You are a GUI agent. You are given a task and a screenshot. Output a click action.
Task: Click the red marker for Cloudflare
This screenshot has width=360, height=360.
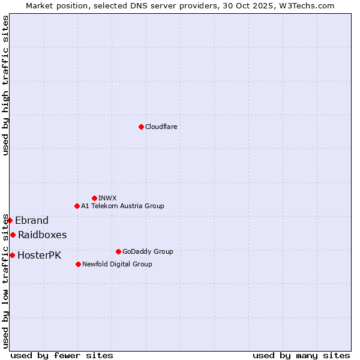tap(141, 127)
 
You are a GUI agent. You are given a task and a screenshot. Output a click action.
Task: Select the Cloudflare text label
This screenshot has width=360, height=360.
tap(161, 127)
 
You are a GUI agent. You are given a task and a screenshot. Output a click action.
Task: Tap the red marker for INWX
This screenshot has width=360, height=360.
tap(94, 198)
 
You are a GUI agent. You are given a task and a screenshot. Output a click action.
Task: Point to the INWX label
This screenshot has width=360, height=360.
tap(107, 198)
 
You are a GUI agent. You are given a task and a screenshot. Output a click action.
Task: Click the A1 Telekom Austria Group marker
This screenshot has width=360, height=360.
tap(77, 206)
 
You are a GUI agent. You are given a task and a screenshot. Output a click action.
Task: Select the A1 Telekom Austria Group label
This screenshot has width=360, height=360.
tap(122, 206)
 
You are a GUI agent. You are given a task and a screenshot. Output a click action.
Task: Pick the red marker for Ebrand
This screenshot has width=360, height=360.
tap(10, 220)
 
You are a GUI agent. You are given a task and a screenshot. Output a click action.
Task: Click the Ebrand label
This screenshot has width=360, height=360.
tap(32, 220)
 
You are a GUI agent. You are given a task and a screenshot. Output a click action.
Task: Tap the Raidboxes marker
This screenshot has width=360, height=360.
tap(13, 235)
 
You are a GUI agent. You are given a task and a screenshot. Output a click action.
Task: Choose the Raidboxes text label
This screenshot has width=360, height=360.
tap(42, 235)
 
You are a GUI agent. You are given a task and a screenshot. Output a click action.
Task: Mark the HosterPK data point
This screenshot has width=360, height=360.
tap(12, 255)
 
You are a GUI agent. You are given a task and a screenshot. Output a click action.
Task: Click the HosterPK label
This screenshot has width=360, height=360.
tap(39, 255)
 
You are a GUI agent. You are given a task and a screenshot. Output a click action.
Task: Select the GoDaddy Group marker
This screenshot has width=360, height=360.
tap(118, 251)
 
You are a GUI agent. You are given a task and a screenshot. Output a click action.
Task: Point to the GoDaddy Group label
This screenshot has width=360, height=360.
tap(148, 251)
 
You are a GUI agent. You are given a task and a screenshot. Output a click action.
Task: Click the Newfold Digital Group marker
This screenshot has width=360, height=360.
tap(78, 264)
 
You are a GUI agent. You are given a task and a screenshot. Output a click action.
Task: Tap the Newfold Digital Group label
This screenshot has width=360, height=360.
tap(117, 264)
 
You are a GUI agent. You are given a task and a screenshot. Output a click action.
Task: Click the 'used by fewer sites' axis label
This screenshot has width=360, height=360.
tap(62, 355)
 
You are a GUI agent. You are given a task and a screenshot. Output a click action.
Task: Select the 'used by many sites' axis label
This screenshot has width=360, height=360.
tap(301, 355)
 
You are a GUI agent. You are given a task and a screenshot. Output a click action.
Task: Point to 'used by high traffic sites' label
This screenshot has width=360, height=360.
tap(5, 85)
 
